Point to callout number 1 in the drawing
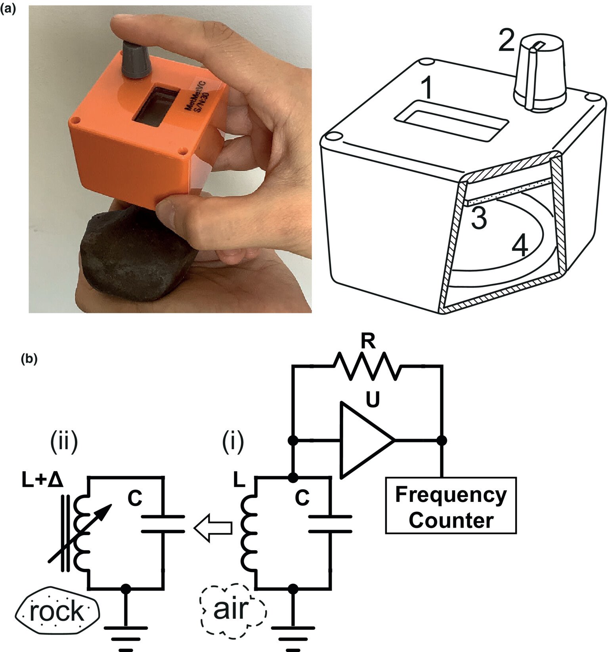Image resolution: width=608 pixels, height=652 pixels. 426,88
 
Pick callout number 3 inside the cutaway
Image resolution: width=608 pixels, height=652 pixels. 479,218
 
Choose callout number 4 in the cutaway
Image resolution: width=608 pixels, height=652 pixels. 520,246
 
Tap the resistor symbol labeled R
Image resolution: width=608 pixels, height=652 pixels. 367,367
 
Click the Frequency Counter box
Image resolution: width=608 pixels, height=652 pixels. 451,505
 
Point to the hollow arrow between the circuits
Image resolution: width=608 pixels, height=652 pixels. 213,527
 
